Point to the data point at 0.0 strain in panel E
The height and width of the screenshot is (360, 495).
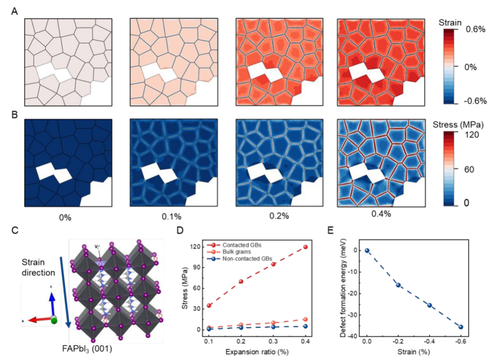pyautogui.click(x=367, y=251)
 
